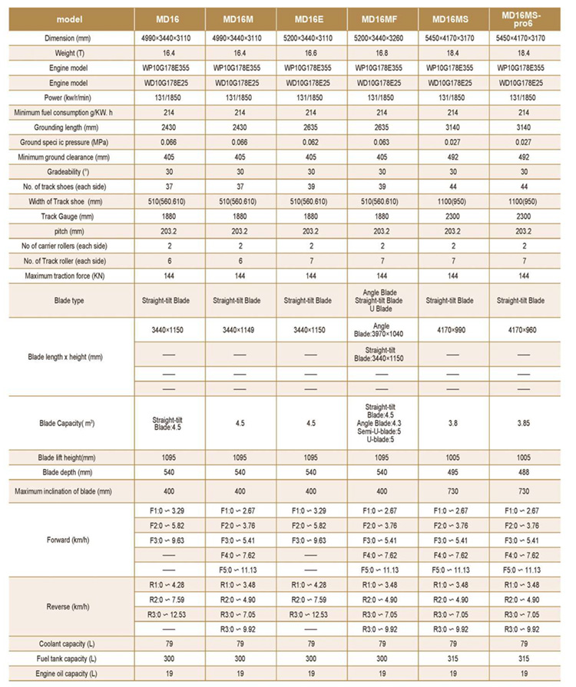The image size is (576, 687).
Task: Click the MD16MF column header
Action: click(384, 18)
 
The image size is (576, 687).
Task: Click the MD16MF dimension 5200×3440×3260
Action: click(384, 38)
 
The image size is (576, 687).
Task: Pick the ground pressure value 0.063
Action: click(384, 143)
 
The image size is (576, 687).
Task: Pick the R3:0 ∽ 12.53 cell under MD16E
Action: click(312, 614)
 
